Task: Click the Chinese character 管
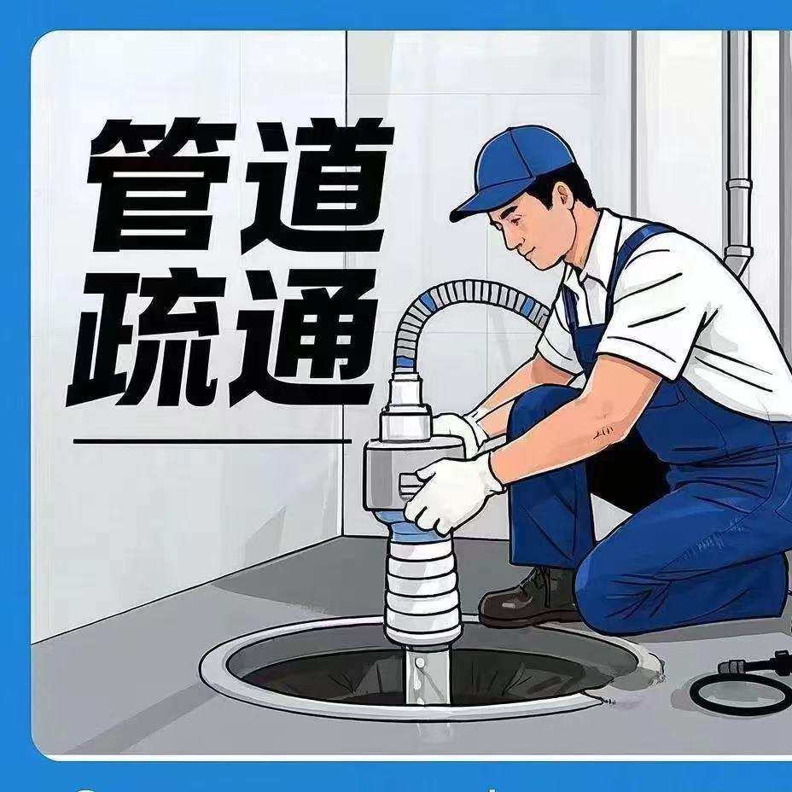point(160,186)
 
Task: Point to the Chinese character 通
point(302,337)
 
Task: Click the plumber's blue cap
point(521,171)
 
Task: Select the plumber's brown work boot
point(530,598)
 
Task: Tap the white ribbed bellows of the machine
point(422,588)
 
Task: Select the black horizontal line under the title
point(213,441)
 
